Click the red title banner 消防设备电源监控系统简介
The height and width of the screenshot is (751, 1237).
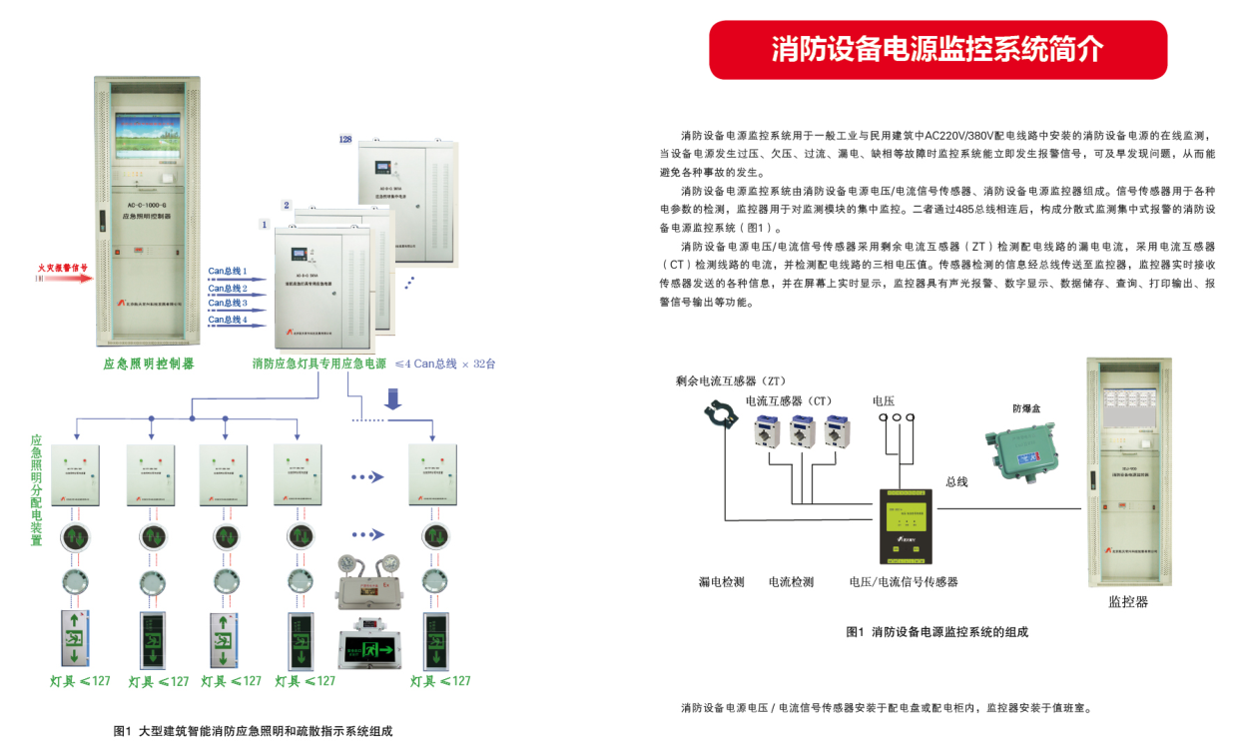pyautogui.click(x=937, y=50)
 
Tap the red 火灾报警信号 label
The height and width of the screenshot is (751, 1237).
pyautogui.click(x=63, y=268)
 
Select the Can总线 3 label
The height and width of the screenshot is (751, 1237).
pyautogui.click(x=228, y=303)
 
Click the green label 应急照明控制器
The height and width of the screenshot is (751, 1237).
pyautogui.click(x=149, y=364)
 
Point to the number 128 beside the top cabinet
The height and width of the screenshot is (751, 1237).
pyautogui.click(x=345, y=140)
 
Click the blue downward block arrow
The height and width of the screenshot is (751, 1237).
pyautogui.click(x=393, y=399)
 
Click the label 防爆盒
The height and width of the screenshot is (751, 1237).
pyautogui.click(x=1026, y=408)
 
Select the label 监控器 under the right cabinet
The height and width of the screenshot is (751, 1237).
pyautogui.click(x=1128, y=602)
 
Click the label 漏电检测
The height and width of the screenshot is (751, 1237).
pyautogui.click(x=721, y=581)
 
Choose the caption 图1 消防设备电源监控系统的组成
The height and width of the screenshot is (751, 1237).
pyautogui.click(x=936, y=632)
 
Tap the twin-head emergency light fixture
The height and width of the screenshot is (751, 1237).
pyautogui.click(x=366, y=580)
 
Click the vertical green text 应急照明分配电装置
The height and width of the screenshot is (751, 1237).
pyautogui.click(x=36, y=489)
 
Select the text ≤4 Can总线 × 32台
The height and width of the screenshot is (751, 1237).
pyautogui.click(x=445, y=364)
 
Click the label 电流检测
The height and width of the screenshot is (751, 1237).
pyautogui.click(x=791, y=581)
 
